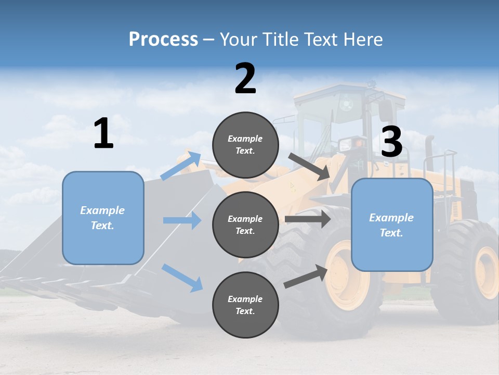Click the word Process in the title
163,39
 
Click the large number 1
103,134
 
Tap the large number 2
245,79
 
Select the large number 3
391,142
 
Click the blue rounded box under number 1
103,218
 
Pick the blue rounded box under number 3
392,224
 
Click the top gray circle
245,145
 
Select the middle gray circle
245,224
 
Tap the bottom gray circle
245,305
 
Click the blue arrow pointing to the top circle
181,166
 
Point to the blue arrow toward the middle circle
182,220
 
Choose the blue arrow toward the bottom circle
182,278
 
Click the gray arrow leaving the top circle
309,166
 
